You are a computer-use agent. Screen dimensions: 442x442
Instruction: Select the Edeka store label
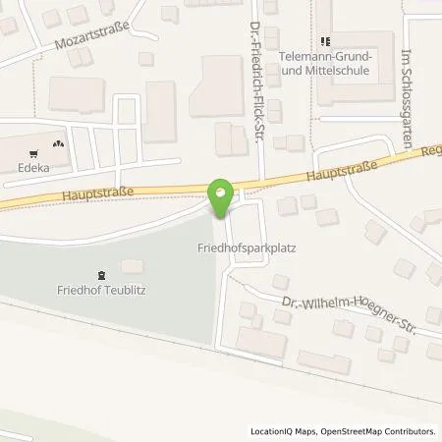pyautogui.click(x=33, y=168)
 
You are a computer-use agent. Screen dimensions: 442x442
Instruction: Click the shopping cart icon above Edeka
pyautogui.click(x=34, y=152)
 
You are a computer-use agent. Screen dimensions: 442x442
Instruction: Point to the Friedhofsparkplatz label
pyautogui.click(x=228, y=249)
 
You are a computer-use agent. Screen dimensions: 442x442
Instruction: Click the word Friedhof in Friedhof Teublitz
pyautogui.click(x=81, y=290)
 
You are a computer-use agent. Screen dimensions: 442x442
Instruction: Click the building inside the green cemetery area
pyautogui.click(x=130, y=267)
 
